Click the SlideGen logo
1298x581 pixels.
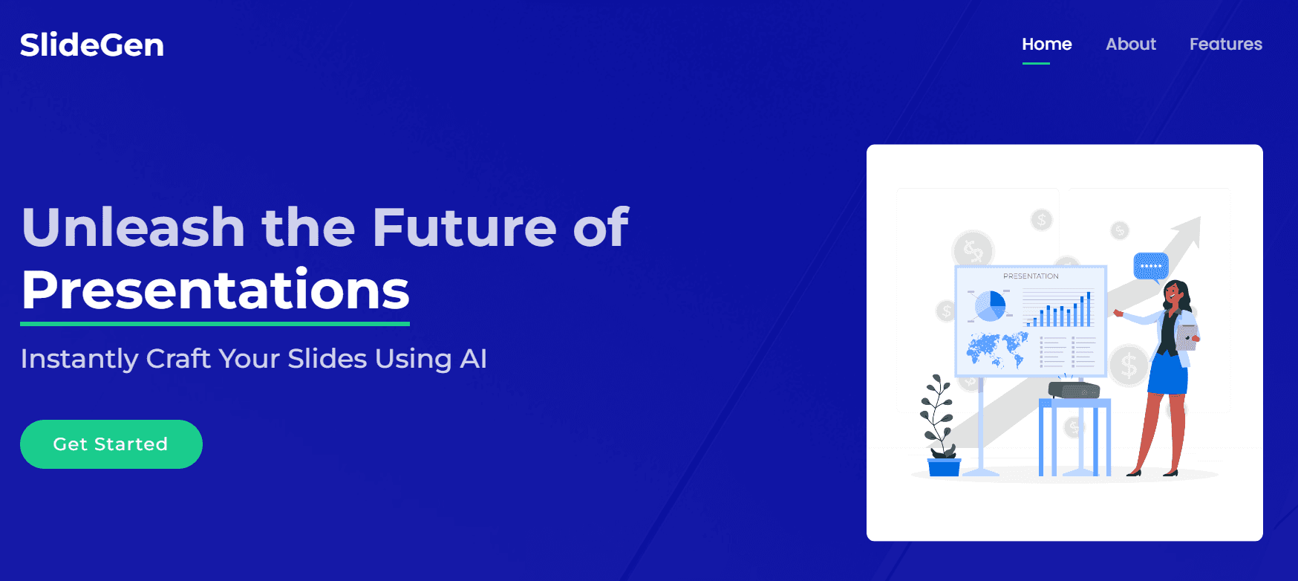click(x=92, y=45)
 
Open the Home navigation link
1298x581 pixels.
click(x=1046, y=44)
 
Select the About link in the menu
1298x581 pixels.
click(x=1131, y=44)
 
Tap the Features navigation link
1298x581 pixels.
click(x=1226, y=44)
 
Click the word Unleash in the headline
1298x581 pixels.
click(x=134, y=227)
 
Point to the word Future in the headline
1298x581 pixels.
click(x=464, y=227)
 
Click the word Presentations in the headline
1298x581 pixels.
click(x=215, y=290)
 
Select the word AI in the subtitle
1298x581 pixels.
click(x=473, y=359)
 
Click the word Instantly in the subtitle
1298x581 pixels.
click(x=79, y=359)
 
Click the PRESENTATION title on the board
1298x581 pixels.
click(x=1031, y=276)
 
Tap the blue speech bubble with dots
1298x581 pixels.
click(x=1151, y=266)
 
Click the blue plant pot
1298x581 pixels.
click(x=944, y=467)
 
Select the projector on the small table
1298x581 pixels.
click(x=1074, y=389)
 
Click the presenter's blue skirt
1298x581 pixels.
click(x=1168, y=373)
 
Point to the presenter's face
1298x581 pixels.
click(x=1173, y=293)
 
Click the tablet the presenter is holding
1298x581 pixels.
click(x=1187, y=337)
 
